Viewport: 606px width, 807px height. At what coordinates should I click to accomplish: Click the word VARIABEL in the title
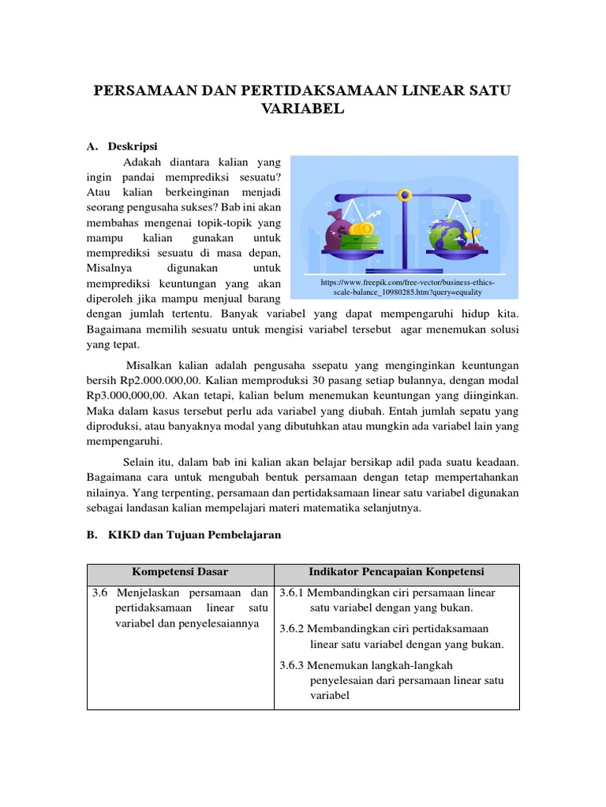[302, 110]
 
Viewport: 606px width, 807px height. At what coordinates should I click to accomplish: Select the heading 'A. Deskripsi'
[122, 147]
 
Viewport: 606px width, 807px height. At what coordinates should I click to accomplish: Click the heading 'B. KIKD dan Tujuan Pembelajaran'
[183, 534]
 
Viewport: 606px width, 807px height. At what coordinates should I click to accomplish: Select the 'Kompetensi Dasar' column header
[179, 571]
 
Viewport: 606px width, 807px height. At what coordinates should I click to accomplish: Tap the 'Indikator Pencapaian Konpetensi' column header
[396, 571]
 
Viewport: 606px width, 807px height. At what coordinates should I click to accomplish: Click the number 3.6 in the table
[101, 593]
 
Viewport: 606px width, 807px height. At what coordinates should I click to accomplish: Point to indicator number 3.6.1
[293, 593]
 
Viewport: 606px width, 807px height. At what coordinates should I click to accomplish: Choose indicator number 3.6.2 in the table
[293, 628]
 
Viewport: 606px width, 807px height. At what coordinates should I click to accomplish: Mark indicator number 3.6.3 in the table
[293, 664]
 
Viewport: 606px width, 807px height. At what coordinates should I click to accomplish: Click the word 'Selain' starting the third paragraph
[139, 462]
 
